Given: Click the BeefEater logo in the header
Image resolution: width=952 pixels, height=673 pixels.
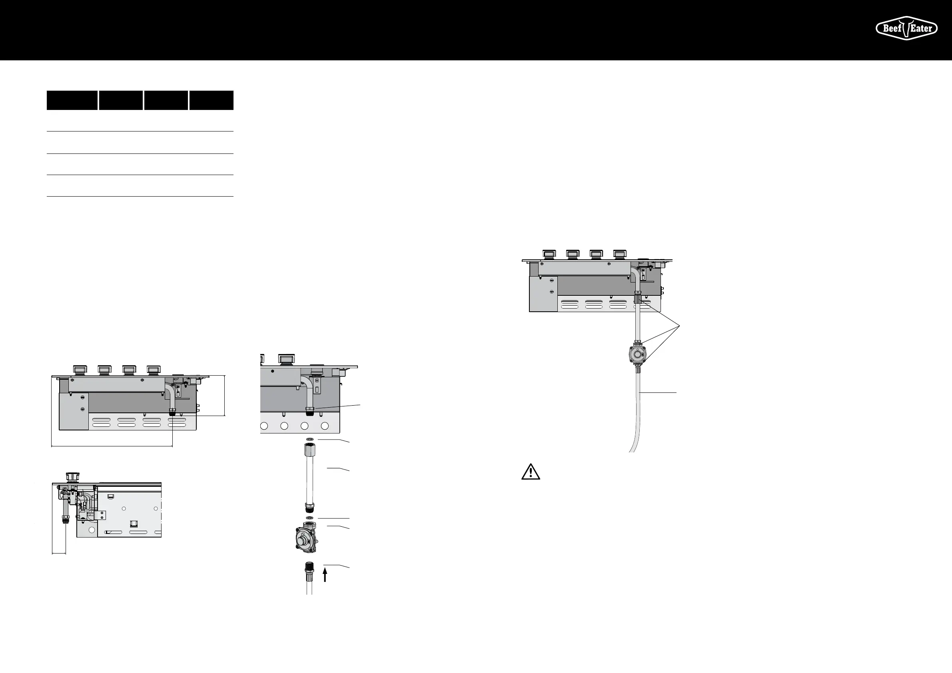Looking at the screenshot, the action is (x=906, y=28).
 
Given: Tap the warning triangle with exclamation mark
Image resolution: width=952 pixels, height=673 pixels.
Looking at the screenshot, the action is (x=530, y=472).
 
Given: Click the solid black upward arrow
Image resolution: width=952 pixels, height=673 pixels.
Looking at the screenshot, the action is (x=325, y=575).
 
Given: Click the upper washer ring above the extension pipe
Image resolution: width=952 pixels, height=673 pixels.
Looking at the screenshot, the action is (x=310, y=439).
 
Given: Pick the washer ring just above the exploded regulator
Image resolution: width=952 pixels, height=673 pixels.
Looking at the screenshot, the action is (x=310, y=518).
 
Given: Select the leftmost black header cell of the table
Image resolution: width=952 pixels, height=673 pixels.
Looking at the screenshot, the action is (x=72, y=100).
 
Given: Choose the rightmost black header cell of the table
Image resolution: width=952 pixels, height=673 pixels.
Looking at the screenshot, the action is (x=211, y=100).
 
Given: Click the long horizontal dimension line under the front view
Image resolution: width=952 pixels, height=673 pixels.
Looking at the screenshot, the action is (x=112, y=446).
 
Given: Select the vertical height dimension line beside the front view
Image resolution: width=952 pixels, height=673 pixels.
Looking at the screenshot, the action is (x=225, y=395).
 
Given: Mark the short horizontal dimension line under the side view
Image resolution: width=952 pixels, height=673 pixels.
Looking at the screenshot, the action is (x=59, y=553).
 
